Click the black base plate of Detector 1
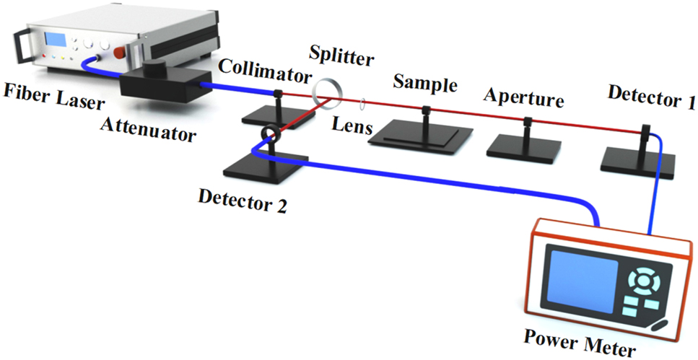coord(637,163)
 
